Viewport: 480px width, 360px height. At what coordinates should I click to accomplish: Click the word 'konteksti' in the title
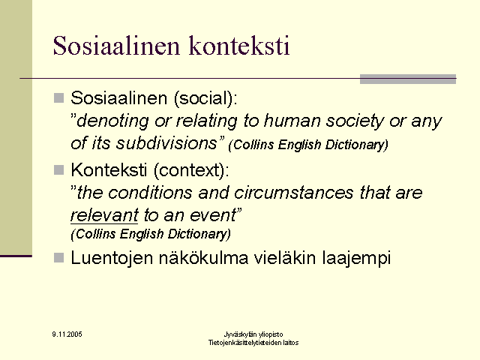coord(239,46)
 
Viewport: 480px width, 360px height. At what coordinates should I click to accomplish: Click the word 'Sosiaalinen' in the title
coord(116,46)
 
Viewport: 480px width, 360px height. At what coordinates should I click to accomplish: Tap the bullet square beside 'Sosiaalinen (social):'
coord(58,98)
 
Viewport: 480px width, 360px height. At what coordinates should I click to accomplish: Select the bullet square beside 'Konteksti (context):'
coord(58,170)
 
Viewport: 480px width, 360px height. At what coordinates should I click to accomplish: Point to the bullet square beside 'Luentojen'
coord(58,258)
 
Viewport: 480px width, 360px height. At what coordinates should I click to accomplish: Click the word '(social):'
coord(205,98)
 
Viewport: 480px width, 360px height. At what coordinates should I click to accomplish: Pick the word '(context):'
coord(191,170)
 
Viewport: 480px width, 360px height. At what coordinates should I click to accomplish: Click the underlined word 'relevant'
coord(104,215)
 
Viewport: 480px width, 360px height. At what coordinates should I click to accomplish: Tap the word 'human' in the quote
coord(292,121)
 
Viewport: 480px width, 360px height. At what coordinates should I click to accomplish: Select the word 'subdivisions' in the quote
coord(166,143)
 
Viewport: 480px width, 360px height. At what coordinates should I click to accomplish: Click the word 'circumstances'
coord(294,193)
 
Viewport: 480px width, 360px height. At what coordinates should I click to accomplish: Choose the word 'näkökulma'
coord(203,258)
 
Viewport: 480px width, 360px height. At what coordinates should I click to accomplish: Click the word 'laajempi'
coord(356,259)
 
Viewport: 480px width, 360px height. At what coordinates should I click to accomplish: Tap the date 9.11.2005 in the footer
coord(67,334)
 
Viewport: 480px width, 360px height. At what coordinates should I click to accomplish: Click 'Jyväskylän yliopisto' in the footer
coord(253,334)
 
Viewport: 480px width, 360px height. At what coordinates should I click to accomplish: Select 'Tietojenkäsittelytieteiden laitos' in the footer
coord(253,343)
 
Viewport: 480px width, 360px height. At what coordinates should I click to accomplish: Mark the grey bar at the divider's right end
coord(408,79)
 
